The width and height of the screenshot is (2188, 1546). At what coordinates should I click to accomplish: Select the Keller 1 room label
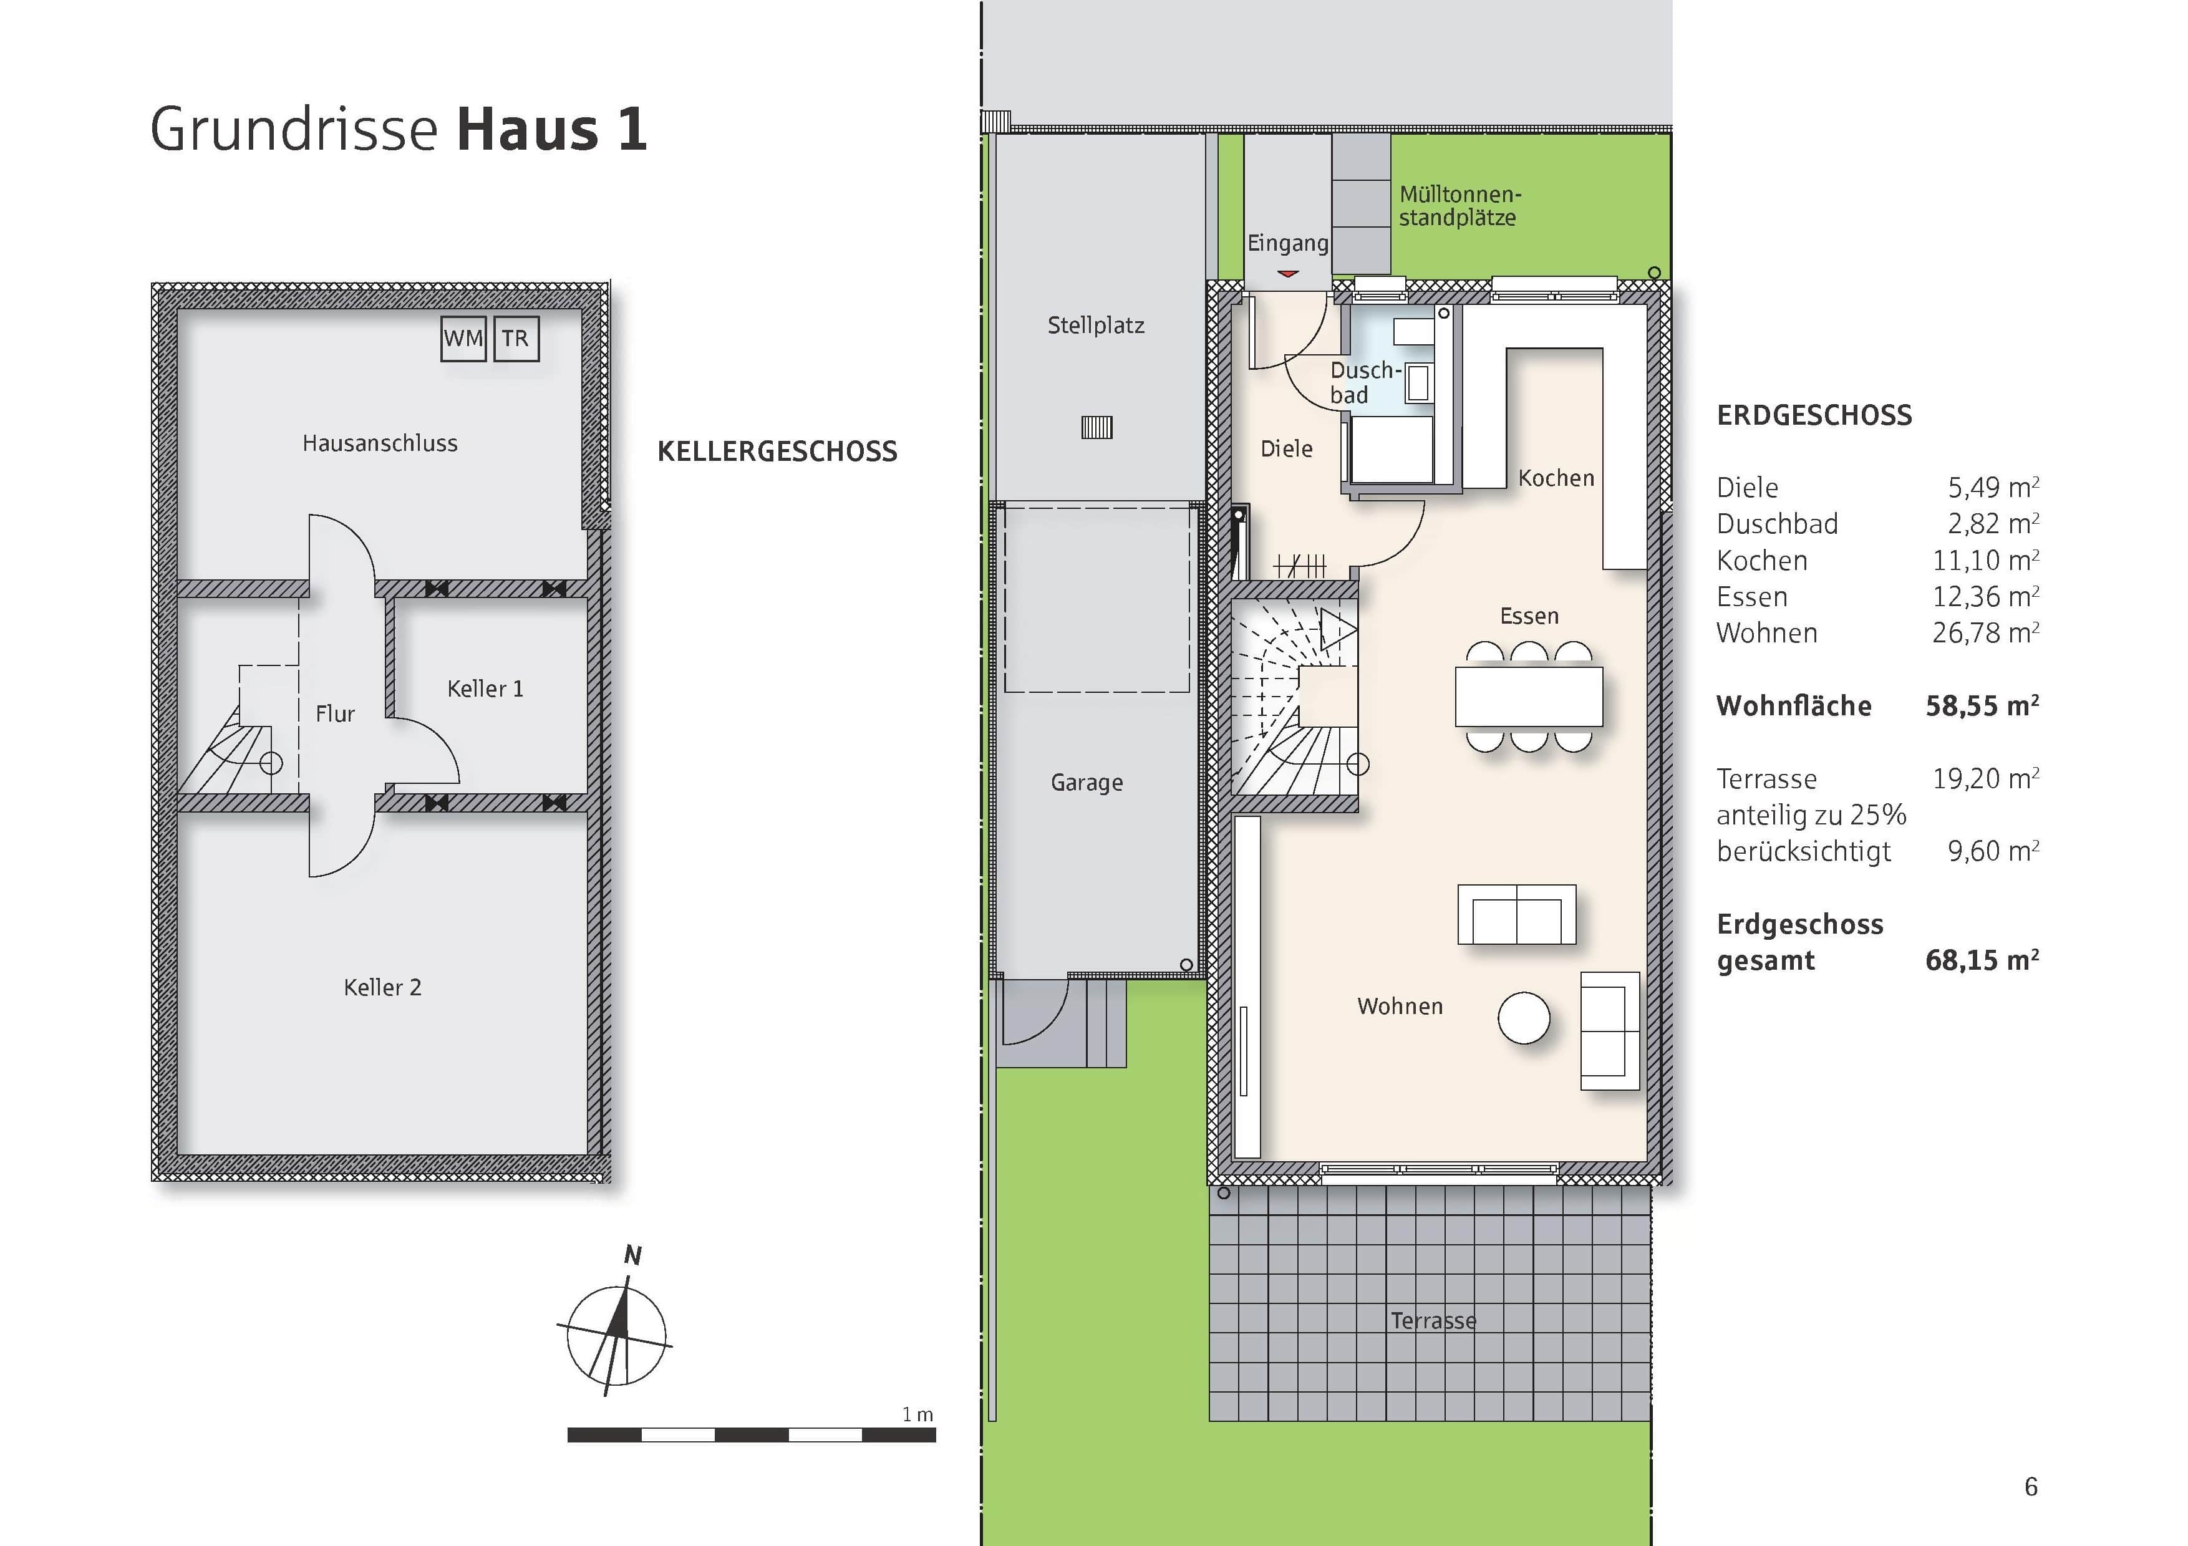(x=485, y=688)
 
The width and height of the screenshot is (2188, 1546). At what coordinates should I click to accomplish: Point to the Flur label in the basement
(x=334, y=713)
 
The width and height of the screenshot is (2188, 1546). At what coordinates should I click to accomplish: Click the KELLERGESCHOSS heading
(x=777, y=452)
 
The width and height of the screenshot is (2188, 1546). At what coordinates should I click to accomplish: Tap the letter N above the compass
(x=632, y=1255)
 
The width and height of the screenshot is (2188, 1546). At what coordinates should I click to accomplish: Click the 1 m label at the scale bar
(x=917, y=1414)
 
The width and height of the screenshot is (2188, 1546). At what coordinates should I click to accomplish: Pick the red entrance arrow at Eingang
(x=1287, y=273)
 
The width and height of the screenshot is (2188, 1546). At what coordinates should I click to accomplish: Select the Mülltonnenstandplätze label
(x=1459, y=206)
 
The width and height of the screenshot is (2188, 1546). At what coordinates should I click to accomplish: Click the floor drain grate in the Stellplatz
(x=1097, y=428)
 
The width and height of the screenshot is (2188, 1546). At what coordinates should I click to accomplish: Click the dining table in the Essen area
(x=1529, y=697)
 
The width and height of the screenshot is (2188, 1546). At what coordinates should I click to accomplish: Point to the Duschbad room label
(x=1365, y=382)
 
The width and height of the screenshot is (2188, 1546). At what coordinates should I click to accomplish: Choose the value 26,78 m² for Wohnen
(x=1985, y=632)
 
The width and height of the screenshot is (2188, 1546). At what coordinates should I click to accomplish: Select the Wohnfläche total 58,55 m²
(x=1981, y=706)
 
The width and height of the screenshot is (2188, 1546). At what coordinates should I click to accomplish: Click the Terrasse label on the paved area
(x=1432, y=1320)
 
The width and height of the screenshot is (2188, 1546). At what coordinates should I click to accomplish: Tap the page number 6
(x=2031, y=1486)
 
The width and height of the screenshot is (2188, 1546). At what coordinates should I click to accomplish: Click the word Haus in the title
(x=527, y=130)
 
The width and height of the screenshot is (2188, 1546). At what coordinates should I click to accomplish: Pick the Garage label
(x=1087, y=782)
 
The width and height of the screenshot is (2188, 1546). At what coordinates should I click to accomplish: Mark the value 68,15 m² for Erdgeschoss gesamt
(x=1981, y=960)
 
